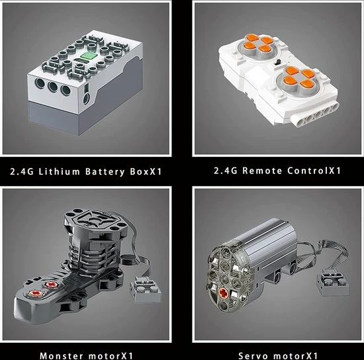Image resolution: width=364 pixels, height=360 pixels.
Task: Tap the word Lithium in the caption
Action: (x=60, y=172)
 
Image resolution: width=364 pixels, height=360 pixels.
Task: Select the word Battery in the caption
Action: (x=105, y=172)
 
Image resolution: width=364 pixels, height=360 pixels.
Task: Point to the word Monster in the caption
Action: (x=62, y=355)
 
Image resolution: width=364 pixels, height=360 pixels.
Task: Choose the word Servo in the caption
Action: (x=253, y=356)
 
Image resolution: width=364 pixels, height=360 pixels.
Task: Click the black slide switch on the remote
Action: (x=277, y=62)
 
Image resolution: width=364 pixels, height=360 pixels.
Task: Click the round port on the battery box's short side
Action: (x=86, y=99)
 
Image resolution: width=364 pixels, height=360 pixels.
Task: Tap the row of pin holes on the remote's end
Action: (x=314, y=115)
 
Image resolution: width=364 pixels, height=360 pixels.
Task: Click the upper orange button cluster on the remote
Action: (x=257, y=43)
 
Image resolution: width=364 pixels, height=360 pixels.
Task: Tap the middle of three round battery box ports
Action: (x=53, y=87)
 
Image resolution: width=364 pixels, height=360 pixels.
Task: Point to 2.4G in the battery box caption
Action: (x=21, y=172)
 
